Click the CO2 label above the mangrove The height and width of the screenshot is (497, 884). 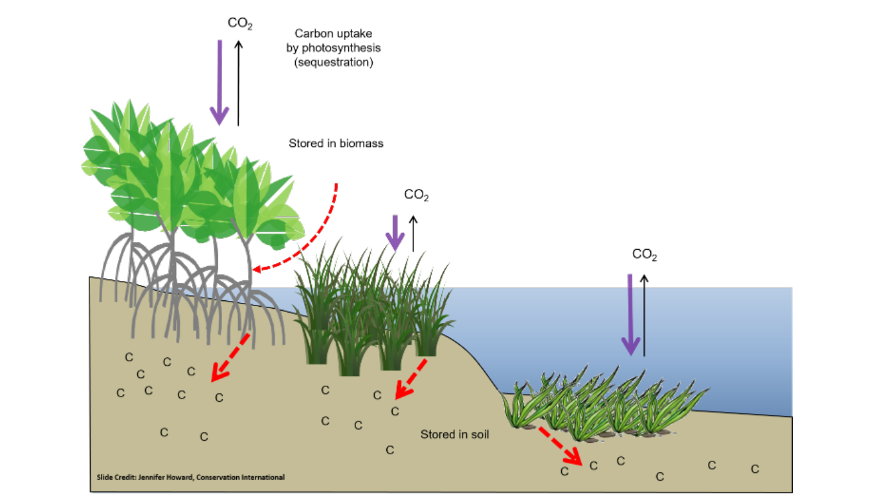point(239,25)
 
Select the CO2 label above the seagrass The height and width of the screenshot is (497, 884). point(645,255)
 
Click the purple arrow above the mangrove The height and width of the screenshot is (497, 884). point(219,82)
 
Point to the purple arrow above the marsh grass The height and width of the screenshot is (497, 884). point(393,232)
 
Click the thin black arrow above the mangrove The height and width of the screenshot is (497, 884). point(238,82)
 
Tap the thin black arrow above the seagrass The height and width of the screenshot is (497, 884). point(644,315)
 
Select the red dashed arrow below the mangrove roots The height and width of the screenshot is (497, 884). point(230,357)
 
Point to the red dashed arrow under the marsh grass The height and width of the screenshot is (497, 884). point(411,378)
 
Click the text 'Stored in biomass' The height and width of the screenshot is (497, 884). point(336,144)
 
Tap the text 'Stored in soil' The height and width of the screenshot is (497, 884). point(454,435)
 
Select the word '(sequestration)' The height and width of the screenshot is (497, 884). point(333,63)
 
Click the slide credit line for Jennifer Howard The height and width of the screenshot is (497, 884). point(186,478)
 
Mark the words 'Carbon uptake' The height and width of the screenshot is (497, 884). point(333,34)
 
